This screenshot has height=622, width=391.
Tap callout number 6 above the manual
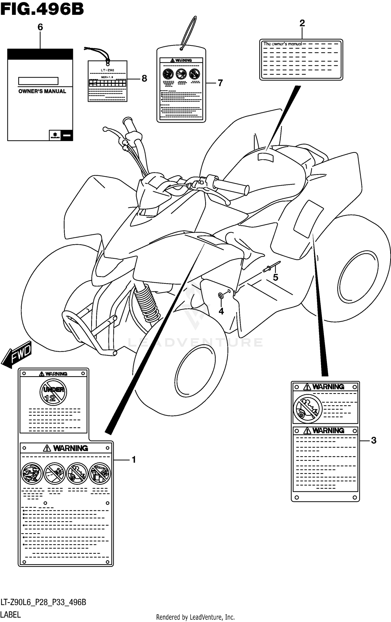[40, 27]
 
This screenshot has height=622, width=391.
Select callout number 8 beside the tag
[144, 78]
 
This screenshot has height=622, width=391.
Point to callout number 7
[220, 83]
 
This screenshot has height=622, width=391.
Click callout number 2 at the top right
[302, 23]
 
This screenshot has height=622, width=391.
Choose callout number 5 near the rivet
[276, 278]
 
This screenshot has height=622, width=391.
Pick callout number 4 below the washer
[221, 311]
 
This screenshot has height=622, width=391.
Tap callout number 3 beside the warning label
[373, 440]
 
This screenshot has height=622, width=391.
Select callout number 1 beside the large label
[134, 460]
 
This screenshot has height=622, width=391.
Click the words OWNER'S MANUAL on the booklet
[42, 91]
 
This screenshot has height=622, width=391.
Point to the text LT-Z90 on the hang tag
[107, 70]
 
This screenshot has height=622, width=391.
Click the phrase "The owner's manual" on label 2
[282, 44]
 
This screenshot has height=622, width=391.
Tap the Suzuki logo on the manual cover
[55, 135]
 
